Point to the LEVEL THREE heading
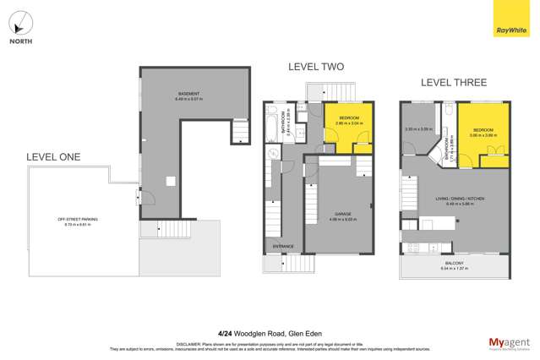click(454, 82)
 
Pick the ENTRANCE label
click(282, 247)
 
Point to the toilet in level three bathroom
click(450, 112)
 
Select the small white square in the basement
click(170, 180)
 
